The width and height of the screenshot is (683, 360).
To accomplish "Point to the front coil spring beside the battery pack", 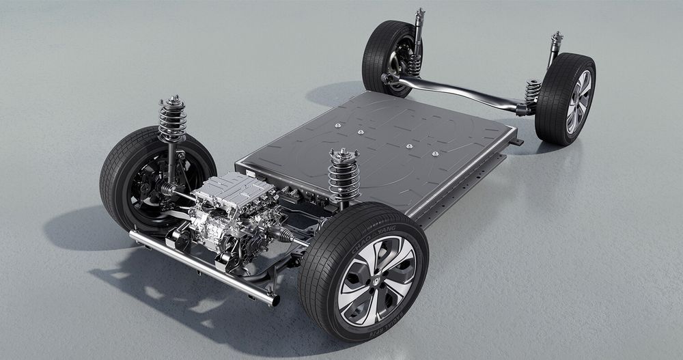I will coord(344,175).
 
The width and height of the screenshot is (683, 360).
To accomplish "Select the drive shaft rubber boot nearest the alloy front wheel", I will coord(286,236).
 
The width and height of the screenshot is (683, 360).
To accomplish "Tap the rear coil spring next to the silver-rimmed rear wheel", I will coord(532,91).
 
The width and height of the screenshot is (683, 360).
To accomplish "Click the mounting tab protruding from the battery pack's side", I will coord(517,141).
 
